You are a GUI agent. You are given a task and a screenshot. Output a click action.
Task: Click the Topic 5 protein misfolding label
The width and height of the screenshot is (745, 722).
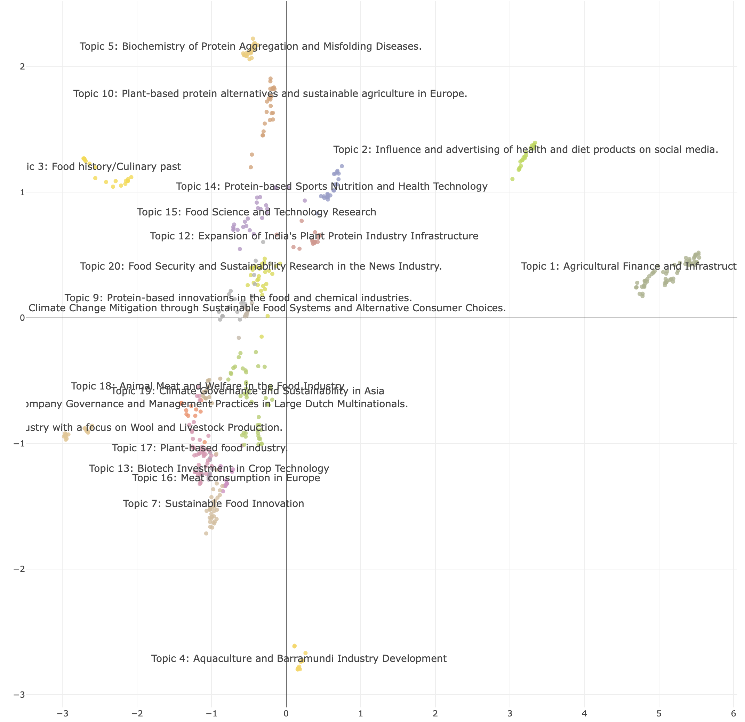(250, 46)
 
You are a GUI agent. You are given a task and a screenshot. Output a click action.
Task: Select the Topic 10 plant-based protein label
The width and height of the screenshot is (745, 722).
(270, 94)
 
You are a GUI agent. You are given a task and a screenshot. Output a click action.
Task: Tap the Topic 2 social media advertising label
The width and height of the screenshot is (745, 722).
(526, 150)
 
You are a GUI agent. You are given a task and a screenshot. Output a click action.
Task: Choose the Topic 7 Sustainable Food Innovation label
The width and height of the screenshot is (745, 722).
(213, 503)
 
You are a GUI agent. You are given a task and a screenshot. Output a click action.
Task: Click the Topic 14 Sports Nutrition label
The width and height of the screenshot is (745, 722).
(331, 187)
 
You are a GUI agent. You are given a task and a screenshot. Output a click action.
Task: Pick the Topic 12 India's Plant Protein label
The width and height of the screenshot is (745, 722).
(314, 236)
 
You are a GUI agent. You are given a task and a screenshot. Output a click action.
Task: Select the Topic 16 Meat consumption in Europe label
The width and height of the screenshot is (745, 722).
(226, 478)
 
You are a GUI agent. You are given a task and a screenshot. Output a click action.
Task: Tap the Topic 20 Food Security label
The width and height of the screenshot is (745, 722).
(261, 266)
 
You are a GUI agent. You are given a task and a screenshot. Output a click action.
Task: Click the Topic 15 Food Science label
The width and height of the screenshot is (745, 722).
(257, 212)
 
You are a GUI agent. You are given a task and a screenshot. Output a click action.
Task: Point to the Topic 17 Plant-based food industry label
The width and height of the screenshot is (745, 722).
(200, 448)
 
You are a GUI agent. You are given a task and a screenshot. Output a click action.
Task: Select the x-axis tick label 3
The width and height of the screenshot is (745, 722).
(510, 714)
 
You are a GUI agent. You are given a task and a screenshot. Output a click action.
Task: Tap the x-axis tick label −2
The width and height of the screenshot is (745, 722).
(136, 714)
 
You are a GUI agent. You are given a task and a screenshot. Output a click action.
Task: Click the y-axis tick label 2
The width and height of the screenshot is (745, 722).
(22, 67)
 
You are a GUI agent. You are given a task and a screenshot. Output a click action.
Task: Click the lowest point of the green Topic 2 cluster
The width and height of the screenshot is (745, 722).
(512, 179)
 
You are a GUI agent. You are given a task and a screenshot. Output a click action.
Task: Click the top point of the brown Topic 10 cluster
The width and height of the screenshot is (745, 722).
(271, 79)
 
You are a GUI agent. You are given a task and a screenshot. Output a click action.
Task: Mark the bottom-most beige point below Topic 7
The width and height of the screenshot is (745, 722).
(206, 534)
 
